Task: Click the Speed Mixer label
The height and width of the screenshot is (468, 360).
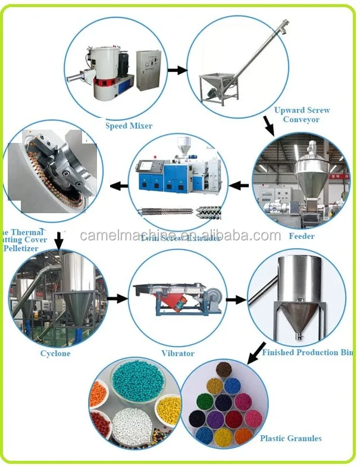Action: click(129, 126)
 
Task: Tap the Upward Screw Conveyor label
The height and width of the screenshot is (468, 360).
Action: click(302, 115)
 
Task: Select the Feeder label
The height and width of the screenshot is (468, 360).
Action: click(301, 236)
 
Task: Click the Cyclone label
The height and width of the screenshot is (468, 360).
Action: click(55, 354)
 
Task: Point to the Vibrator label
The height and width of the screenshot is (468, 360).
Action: click(178, 353)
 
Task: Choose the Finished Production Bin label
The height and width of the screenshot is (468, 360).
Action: click(308, 352)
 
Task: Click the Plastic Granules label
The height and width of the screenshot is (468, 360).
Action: click(290, 438)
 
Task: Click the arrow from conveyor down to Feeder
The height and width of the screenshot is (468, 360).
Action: click(269, 125)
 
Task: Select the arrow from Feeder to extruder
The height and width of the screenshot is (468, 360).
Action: click(239, 186)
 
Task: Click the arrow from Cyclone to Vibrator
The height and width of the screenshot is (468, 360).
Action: click(118, 298)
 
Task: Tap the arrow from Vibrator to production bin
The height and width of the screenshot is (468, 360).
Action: click(236, 299)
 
